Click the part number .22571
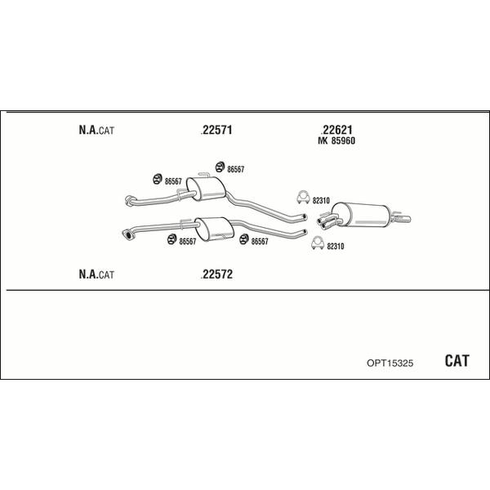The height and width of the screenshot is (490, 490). click(x=216, y=129)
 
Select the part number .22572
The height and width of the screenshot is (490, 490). click(x=216, y=274)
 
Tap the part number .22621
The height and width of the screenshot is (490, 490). click(x=336, y=129)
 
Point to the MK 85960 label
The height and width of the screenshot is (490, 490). click(x=336, y=141)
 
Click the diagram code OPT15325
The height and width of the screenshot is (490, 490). click(x=390, y=363)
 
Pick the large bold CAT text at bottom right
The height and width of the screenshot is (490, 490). click(x=457, y=361)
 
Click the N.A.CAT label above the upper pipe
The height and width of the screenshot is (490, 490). click(x=96, y=130)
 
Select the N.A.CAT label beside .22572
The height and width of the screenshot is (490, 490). click(x=96, y=274)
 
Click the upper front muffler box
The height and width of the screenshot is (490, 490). click(x=206, y=189)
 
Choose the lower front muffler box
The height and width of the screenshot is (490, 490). click(x=214, y=229)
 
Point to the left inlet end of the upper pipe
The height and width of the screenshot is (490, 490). click(x=129, y=200)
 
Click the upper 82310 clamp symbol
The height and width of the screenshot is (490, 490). click(x=303, y=197)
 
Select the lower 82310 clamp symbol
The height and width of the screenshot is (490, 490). click(x=318, y=243)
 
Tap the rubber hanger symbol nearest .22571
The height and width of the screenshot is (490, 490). click(x=220, y=167)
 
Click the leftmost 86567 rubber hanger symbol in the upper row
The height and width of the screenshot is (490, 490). click(x=157, y=179)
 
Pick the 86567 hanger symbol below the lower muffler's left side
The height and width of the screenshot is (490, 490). click(x=171, y=239)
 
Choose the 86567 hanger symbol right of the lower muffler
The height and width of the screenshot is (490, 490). click(x=244, y=239)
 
